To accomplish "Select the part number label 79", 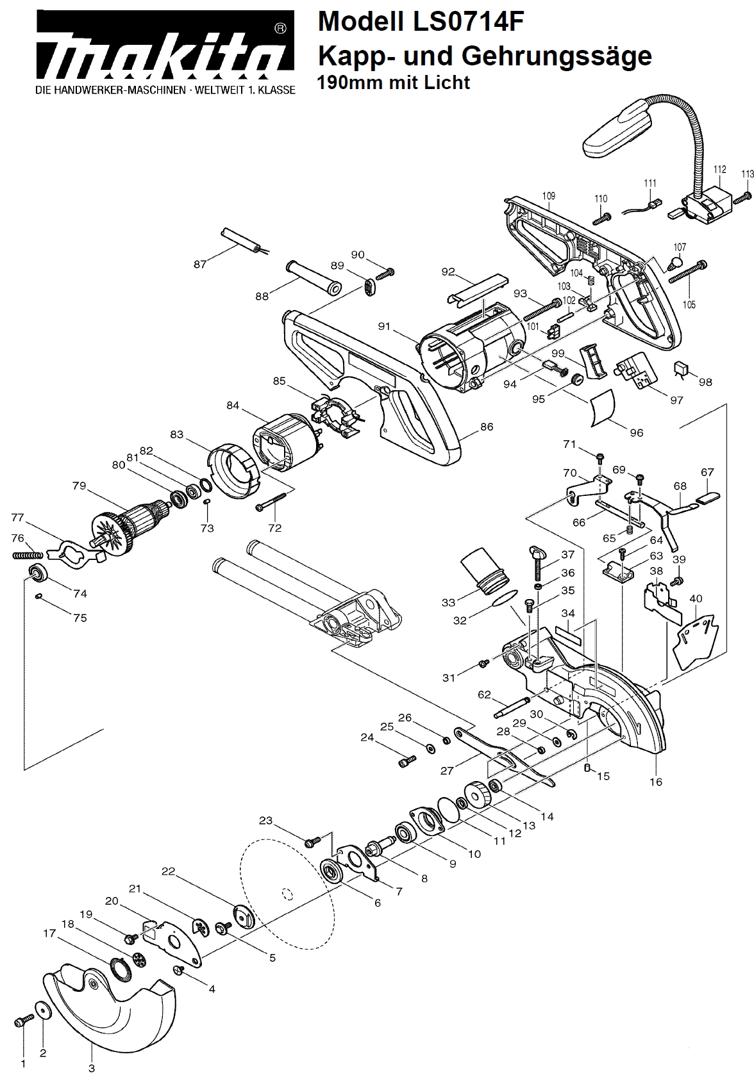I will (79, 486).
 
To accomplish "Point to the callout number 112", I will (719, 170).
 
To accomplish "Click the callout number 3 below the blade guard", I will (92, 1068).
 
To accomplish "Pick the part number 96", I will (636, 432).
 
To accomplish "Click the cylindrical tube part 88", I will (314, 277).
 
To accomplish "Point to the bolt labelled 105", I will (686, 272).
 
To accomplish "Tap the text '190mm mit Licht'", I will (394, 83).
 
